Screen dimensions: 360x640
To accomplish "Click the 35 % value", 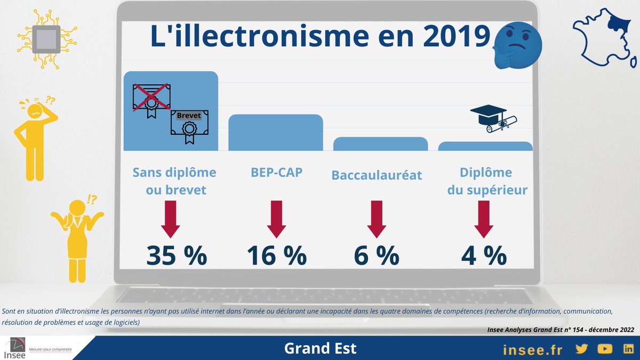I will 177,255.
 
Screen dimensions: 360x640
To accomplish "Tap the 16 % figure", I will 276,255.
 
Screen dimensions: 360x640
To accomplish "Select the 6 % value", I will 377,255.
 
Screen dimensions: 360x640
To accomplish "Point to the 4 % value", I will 484,255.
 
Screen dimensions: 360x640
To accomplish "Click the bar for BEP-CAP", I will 276,133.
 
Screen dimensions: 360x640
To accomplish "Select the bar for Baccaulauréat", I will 380,145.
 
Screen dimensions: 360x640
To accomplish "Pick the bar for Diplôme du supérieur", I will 485,147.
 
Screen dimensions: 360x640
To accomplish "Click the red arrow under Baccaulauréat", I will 377,219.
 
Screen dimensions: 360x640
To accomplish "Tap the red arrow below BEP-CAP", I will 277,219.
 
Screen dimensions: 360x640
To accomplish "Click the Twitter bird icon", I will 581,349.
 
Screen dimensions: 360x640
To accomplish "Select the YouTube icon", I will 604,349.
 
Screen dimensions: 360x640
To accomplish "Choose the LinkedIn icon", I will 627,349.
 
